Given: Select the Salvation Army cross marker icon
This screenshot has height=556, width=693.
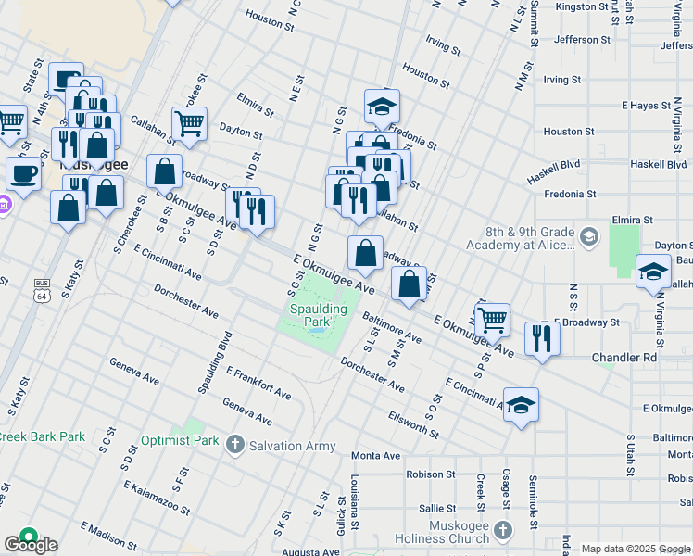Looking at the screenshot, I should coord(235,445).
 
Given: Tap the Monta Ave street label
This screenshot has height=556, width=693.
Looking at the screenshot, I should coord(375,456).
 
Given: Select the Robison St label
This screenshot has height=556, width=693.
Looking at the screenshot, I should coord(425,474).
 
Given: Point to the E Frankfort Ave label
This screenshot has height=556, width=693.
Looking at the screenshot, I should coord(258,382).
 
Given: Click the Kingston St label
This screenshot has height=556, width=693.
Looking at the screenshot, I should coord(586,6).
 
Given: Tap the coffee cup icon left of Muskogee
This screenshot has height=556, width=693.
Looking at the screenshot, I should coord(23,172).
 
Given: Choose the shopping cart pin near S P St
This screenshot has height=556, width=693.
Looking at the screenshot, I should coord(493,320).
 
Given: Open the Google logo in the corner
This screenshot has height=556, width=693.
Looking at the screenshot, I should coord(30,544).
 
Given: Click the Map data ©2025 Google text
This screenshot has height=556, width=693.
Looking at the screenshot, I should coord(636,549).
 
